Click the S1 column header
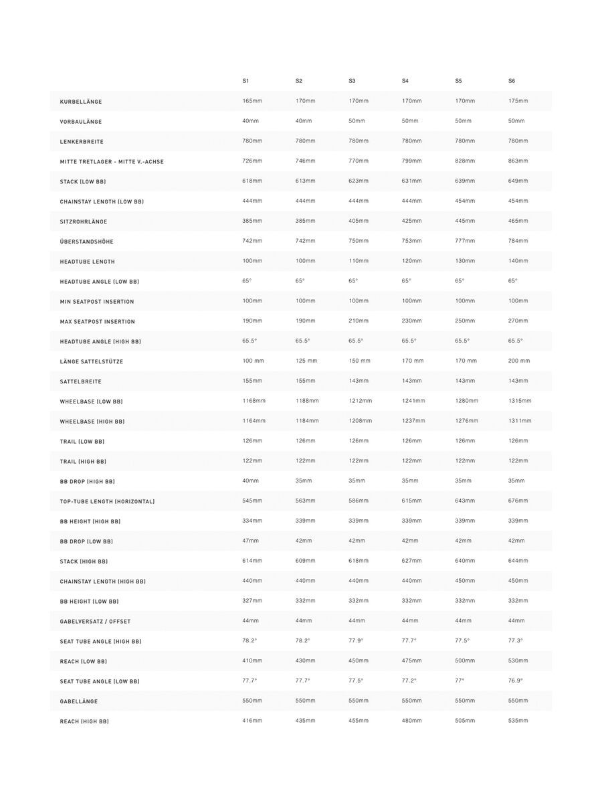(x=245, y=81)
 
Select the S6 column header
(x=512, y=81)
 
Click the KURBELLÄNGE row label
(x=81, y=102)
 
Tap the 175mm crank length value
(x=518, y=101)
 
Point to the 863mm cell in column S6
(x=518, y=161)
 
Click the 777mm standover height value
(x=465, y=241)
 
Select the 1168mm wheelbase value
(x=254, y=401)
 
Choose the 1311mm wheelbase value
(x=520, y=421)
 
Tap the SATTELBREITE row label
(x=81, y=381)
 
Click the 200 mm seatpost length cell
(x=519, y=361)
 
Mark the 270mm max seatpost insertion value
(x=518, y=321)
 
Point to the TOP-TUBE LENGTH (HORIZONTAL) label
(x=107, y=501)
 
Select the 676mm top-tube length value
(x=518, y=501)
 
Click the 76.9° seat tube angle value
(x=516, y=681)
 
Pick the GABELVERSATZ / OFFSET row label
(x=95, y=622)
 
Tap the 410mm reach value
(x=252, y=660)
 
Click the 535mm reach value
(x=518, y=721)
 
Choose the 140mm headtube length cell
(x=518, y=261)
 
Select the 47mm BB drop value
(x=250, y=541)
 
